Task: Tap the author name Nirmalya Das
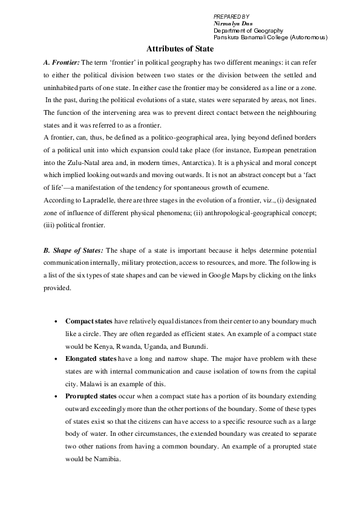[x=233, y=23]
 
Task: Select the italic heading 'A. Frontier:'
[x=61, y=62]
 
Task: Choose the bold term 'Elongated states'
[x=91, y=359]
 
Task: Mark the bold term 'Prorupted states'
[x=91, y=397]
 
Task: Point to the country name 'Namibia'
[x=107, y=459]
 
